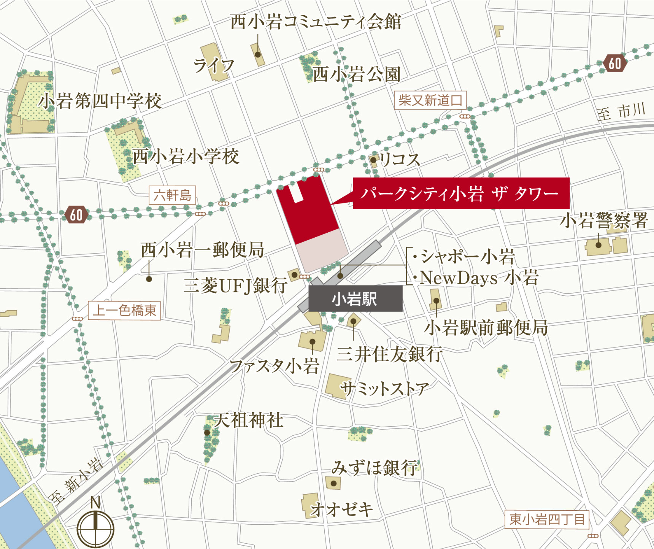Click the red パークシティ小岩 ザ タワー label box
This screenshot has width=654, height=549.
pyautogui.click(x=461, y=193)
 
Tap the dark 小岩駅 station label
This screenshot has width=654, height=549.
pyautogui.click(x=355, y=299)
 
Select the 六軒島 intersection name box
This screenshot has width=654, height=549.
pyautogui.click(x=172, y=195)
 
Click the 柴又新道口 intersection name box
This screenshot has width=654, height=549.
pyautogui.click(x=430, y=100)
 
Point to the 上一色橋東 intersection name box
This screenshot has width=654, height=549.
pyautogui.click(x=124, y=310)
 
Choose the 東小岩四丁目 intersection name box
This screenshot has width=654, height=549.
pyautogui.click(x=547, y=519)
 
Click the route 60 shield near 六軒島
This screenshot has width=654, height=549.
pyautogui.click(x=76, y=215)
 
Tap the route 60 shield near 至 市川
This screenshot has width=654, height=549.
pyautogui.click(x=614, y=63)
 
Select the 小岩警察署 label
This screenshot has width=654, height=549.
pyautogui.click(x=604, y=221)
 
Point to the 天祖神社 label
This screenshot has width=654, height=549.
pyautogui.click(x=248, y=420)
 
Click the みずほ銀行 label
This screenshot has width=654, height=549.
pyautogui.click(x=375, y=468)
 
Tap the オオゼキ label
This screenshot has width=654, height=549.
pyautogui.click(x=341, y=509)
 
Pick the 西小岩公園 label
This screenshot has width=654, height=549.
pyautogui.click(x=356, y=74)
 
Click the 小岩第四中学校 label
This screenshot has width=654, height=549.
pyautogui.click(x=100, y=101)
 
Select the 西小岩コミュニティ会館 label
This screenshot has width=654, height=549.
pyautogui.click(x=316, y=22)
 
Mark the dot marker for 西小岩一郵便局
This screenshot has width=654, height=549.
pyautogui.click(x=149, y=279)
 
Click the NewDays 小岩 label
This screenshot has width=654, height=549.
pyautogui.click(x=478, y=278)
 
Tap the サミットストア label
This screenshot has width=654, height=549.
pyautogui.click(x=384, y=389)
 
